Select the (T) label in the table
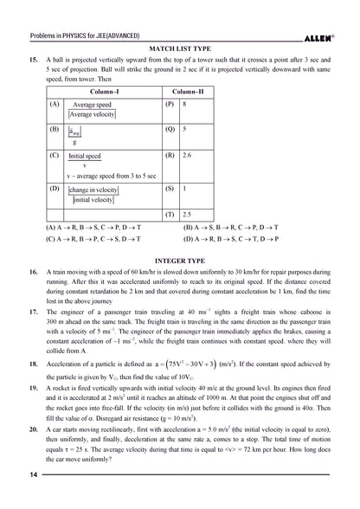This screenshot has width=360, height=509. [169, 213]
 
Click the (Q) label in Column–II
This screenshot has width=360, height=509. [169, 128]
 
